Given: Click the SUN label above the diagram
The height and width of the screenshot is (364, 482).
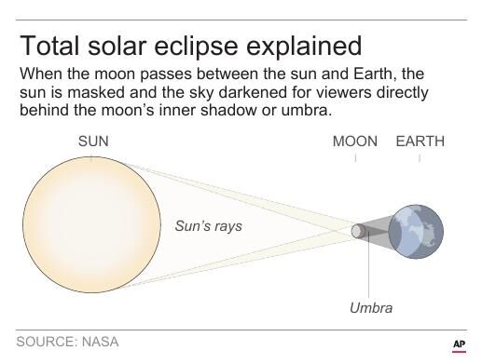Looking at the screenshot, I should pyautogui.click(x=91, y=142).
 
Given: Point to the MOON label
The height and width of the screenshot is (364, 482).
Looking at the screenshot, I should pyautogui.click(x=355, y=142).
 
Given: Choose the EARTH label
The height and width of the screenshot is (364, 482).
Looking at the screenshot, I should pyautogui.click(x=420, y=142).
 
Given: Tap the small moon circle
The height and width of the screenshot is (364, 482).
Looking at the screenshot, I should pyautogui.click(x=357, y=230).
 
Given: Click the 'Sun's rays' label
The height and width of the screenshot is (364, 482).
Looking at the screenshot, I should pyautogui.click(x=208, y=226).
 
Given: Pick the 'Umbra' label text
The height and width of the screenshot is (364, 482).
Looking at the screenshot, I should pyautogui.click(x=371, y=308).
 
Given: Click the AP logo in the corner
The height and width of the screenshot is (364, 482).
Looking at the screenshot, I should pyautogui.click(x=458, y=344).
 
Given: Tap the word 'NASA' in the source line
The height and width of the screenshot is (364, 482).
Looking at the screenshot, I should pyautogui.click(x=99, y=343).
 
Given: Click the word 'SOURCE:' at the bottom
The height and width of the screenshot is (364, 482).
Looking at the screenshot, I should pyautogui.click(x=46, y=343).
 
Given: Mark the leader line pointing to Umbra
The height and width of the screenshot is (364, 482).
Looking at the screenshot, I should pyautogui.click(x=371, y=270).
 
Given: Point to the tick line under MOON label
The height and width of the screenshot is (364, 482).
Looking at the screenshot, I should pyautogui.click(x=355, y=159).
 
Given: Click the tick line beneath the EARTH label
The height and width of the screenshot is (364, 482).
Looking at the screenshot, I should pyautogui.click(x=420, y=159).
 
